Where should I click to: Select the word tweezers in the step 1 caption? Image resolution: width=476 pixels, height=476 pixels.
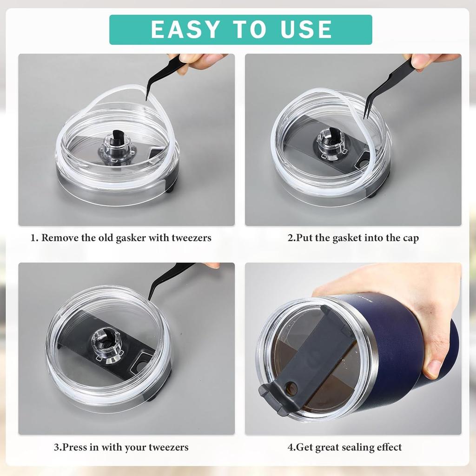tap(192, 238)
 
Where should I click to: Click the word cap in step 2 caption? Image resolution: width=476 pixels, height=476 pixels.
tap(411, 239)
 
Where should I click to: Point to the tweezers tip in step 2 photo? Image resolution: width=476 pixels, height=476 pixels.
tap(364, 118)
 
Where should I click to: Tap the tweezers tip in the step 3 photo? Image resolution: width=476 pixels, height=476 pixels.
tap(149, 299)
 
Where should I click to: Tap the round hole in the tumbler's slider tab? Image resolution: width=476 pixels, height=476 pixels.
tap(291, 388)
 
